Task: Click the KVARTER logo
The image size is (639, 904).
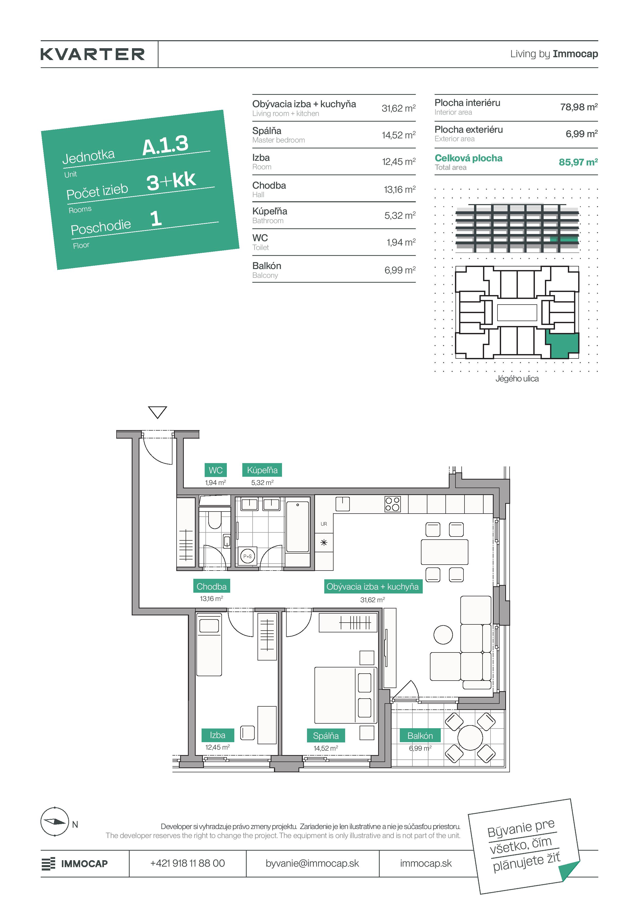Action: point(93,54)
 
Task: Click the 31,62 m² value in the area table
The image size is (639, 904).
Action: point(399,108)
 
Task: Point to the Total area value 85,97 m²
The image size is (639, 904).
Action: point(578,162)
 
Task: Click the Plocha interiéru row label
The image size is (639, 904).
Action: point(467,103)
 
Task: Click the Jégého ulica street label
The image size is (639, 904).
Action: point(517,378)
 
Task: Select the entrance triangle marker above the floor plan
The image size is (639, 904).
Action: point(157,412)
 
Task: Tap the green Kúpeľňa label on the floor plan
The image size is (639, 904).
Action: point(262,470)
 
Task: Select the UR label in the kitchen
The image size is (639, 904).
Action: point(324,524)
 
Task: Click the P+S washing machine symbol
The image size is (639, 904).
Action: point(247,556)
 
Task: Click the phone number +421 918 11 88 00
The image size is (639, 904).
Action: point(187,864)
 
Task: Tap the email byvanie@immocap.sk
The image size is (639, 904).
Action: point(312,864)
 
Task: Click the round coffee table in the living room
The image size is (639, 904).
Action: point(443,635)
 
